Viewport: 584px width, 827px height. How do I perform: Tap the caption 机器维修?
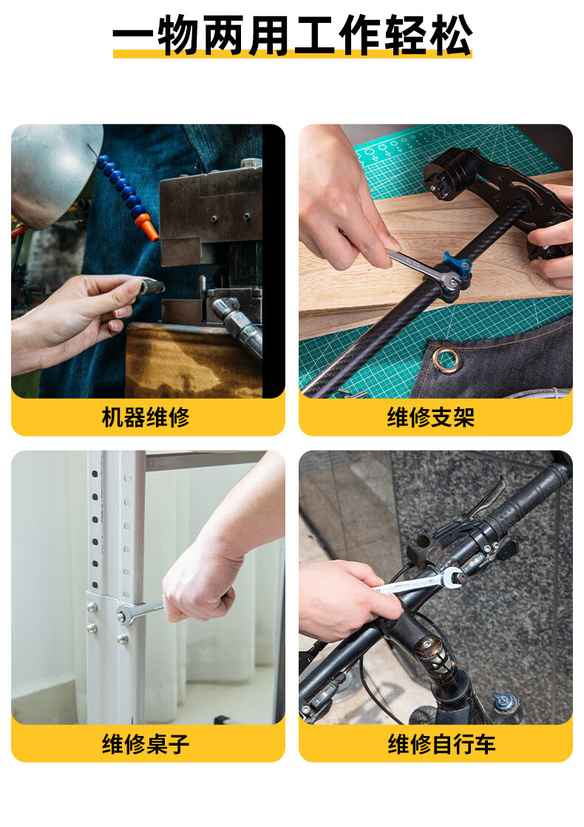(146, 417)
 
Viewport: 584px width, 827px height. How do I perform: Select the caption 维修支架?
(431, 417)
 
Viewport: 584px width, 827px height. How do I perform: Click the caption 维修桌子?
(146, 743)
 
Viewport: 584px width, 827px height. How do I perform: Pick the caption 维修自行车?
(441, 743)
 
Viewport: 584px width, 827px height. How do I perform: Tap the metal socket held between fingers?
(152, 288)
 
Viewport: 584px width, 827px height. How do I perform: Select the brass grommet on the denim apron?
(447, 360)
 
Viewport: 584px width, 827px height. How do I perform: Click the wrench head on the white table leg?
(126, 615)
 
